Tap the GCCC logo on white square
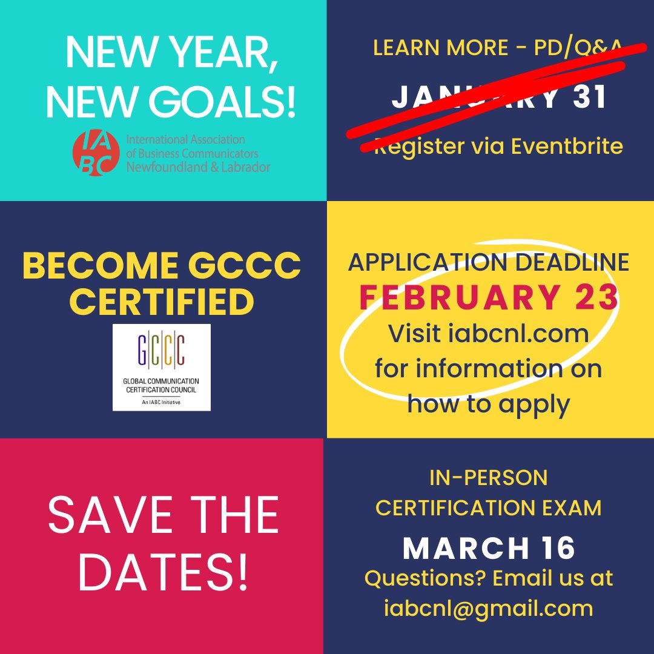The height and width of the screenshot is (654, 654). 162,367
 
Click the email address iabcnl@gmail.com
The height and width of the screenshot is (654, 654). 489,608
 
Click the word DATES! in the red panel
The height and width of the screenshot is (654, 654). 163,572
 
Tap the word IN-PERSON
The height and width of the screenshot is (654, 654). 488,478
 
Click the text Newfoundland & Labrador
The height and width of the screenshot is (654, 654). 198,167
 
